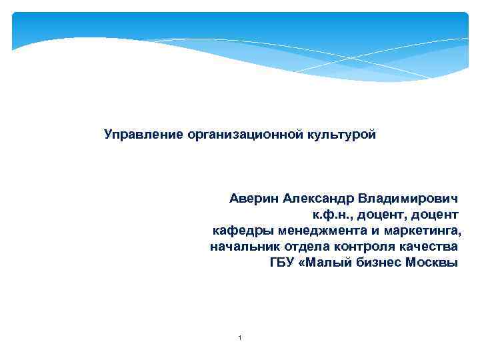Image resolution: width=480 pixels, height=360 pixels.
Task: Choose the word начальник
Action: [241, 247]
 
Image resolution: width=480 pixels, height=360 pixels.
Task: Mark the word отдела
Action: [298, 247]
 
